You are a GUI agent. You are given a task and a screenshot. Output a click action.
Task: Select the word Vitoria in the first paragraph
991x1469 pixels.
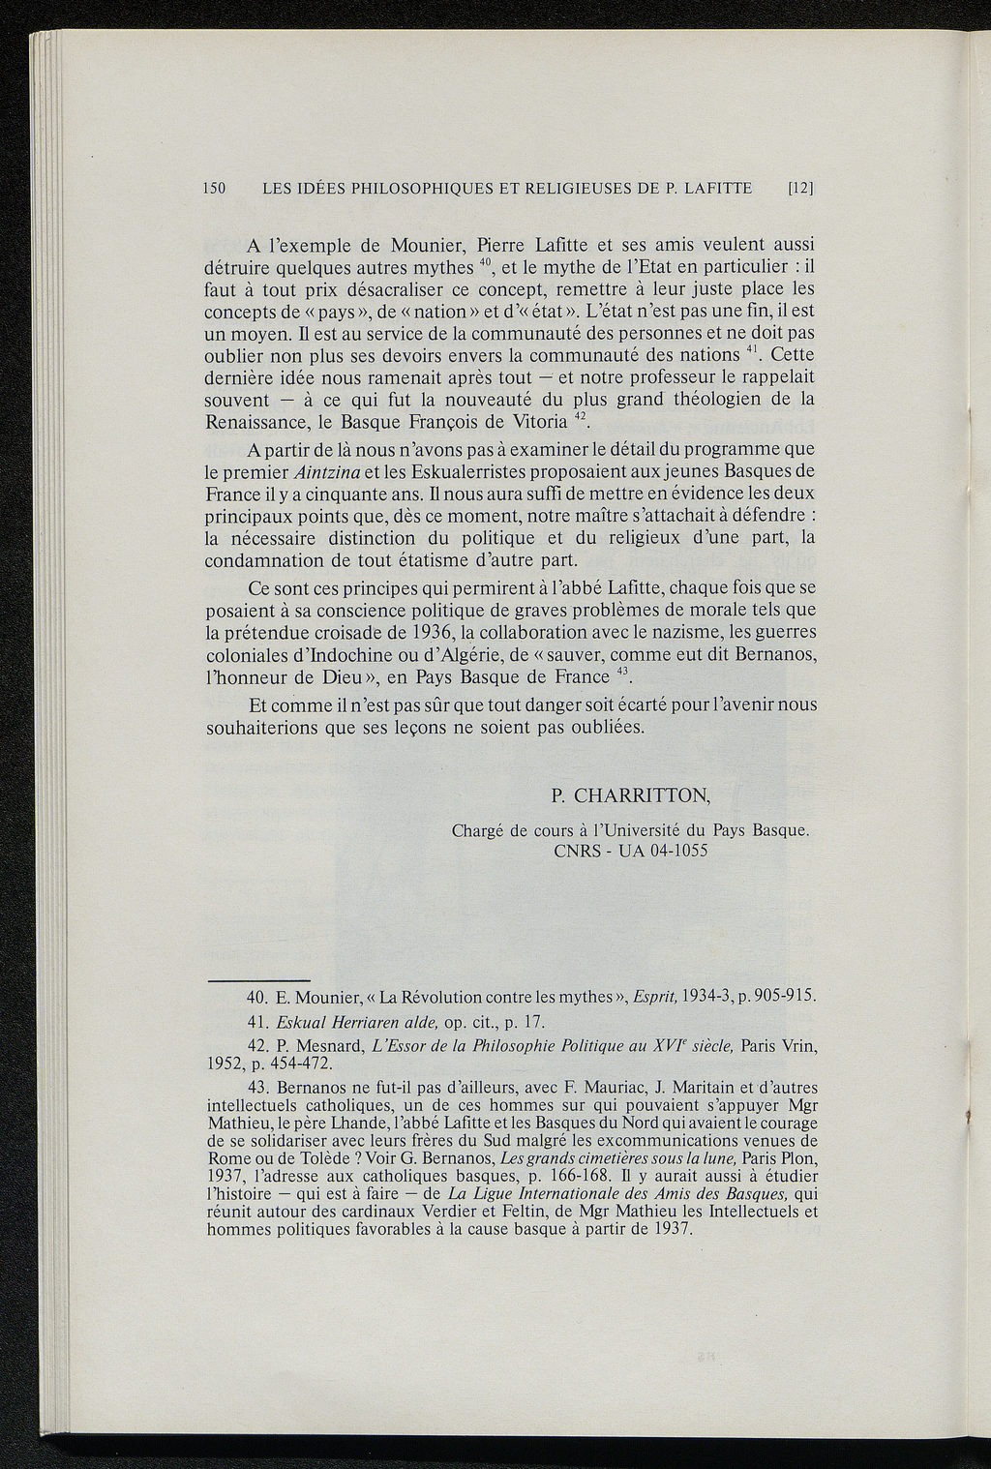[x=541, y=422]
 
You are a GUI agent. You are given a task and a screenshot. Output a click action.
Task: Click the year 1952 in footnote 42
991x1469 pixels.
[x=225, y=1064]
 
